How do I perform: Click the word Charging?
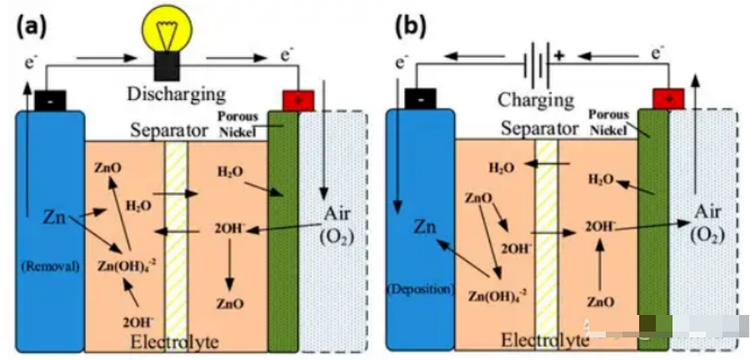[x=536, y=101]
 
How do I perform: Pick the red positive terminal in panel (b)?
[x=667, y=99]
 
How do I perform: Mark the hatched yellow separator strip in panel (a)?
[x=175, y=242]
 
